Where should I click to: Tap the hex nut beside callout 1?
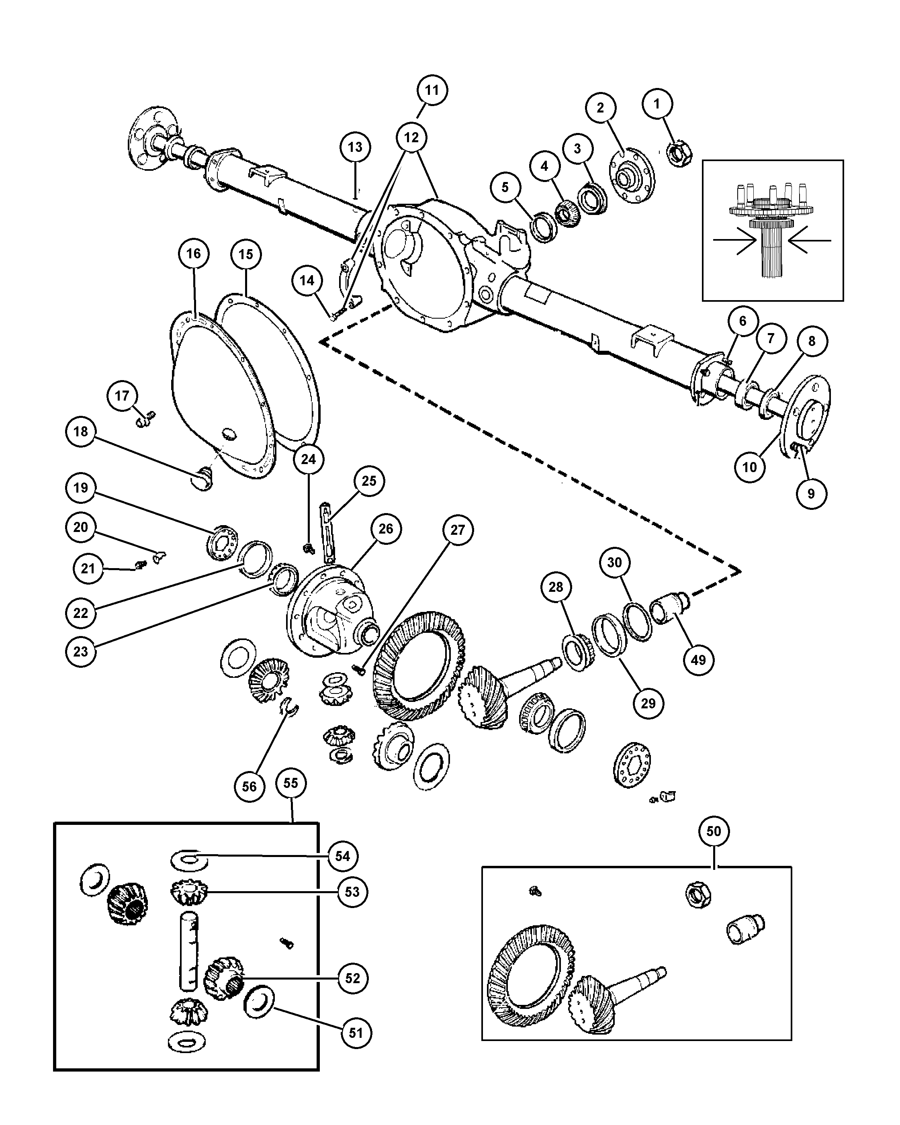tap(679, 153)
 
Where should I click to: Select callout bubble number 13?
tap(355, 147)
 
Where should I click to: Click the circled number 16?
tap(193, 254)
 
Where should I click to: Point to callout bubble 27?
tap(457, 530)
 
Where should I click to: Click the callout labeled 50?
tap(713, 831)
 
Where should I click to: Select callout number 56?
tap(250, 801)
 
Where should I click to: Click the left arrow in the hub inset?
tap(734, 241)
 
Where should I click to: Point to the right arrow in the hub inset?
tap(810, 241)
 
